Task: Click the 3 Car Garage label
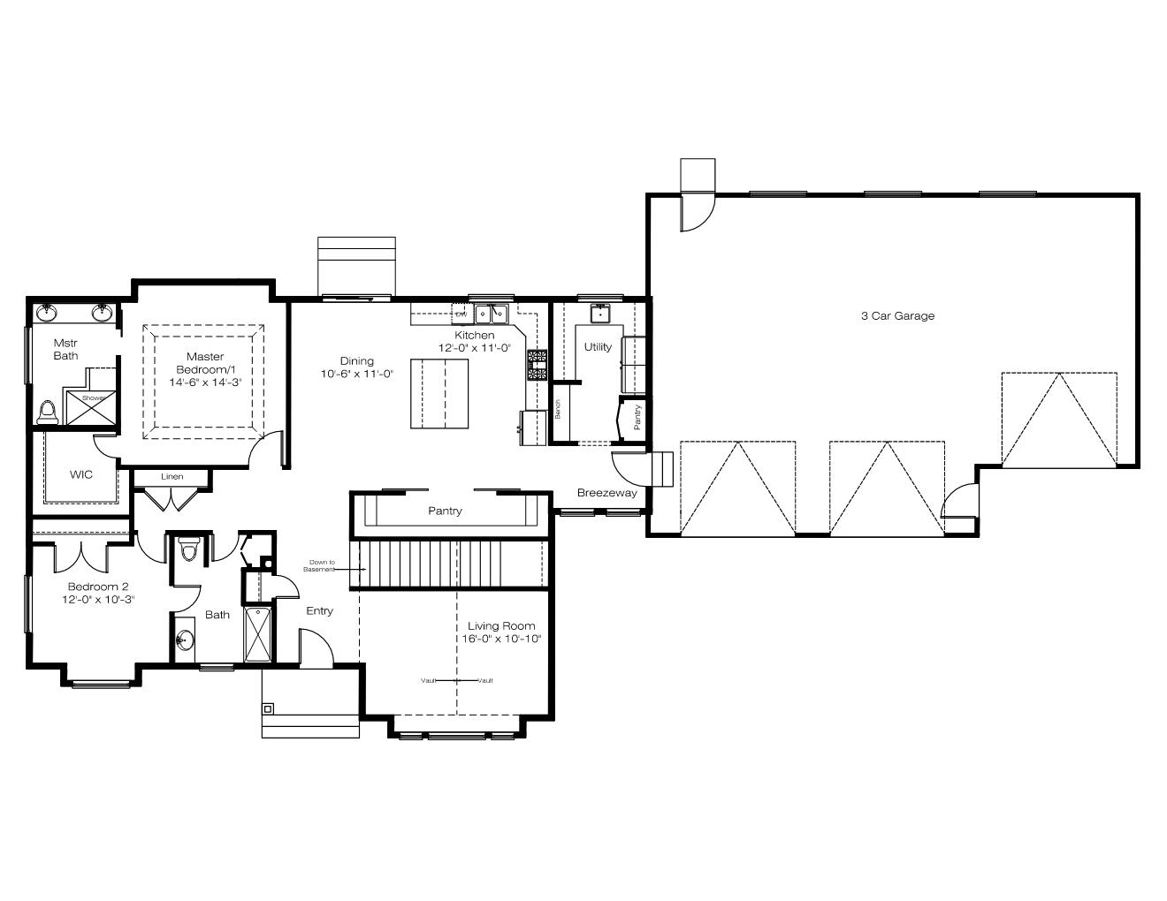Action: click(x=897, y=316)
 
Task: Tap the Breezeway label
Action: click(x=606, y=493)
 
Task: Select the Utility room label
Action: click(x=598, y=346)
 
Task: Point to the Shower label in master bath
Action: click(x=94, y=398)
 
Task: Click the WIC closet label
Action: click(x=81, y=474)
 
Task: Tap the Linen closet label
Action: click(x=172, y=476)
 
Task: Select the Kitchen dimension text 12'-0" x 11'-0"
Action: click(x=474, y=348)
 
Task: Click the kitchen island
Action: click(x=439, y=394)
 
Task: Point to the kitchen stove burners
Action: click(x=537, y=366)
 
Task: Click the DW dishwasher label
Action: click(x=461, y=314)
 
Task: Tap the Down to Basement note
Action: click(x=321, y=565)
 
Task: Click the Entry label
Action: click(x=319, y=610)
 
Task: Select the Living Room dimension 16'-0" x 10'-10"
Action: click(x=501, y=639)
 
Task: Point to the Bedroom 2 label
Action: click(x=98, y=587)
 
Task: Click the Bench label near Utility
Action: click(x=558, y=409)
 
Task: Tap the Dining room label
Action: click(x=356, y=360)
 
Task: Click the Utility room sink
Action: click(x=599, y=314)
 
